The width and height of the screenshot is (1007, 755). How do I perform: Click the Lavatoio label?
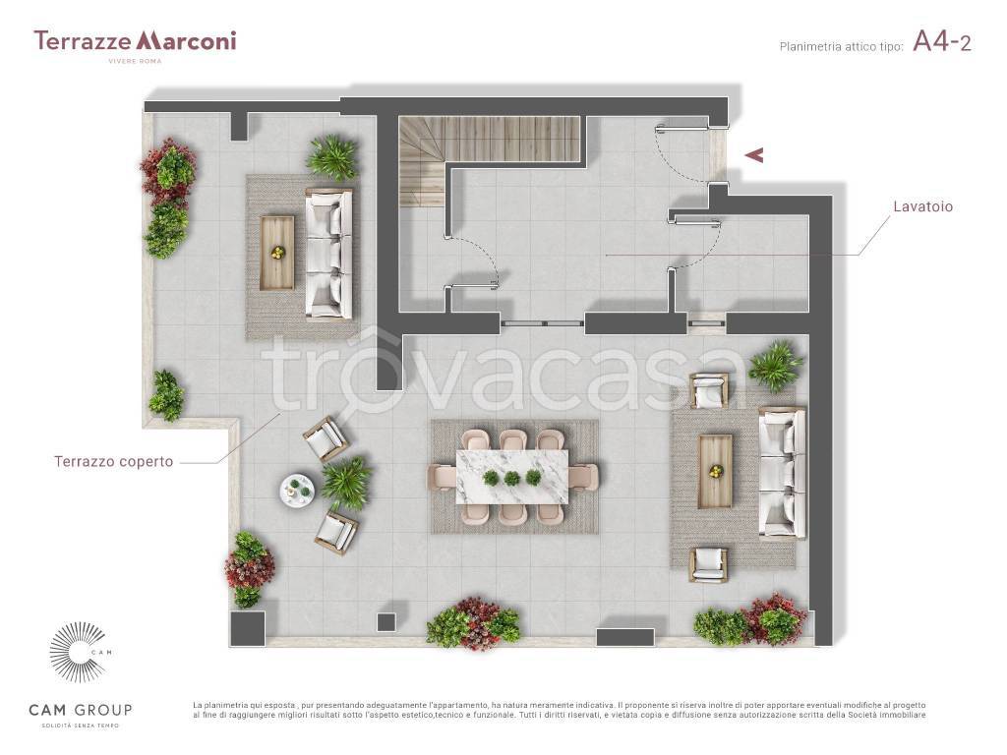click(x=922, y=206)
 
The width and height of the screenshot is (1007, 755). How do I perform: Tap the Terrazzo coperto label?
click(x=114, y=462)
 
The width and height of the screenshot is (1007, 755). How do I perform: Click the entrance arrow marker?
click(x=754, y=154)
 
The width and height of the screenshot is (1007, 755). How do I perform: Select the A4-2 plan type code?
click(x=941, y=42)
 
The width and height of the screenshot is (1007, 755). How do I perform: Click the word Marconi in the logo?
click(x=187, y=40)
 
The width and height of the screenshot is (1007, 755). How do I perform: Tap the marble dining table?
click(x=511, y=478)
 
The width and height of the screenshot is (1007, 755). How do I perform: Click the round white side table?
click(x=297, y=491)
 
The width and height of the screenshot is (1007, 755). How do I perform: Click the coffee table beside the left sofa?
click(x=276, y=253)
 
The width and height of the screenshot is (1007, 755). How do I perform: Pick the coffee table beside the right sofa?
click(x=716, y=471)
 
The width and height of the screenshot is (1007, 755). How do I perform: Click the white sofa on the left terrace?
click(x=328, y=253)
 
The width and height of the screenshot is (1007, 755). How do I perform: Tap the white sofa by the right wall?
click(x=782, y=473)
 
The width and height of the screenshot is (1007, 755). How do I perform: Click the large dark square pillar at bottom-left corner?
click(x=247, y=628)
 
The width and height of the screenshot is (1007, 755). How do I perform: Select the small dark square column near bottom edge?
click(x=385, y=622)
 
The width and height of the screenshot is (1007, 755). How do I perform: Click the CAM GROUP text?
click(x=81, y=710)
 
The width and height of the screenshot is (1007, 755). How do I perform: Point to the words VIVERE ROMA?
click(x=135, y=61)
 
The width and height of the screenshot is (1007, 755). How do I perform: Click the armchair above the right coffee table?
click(x=709, y=389)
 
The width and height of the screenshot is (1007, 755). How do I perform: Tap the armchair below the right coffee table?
click(x=709, y=564)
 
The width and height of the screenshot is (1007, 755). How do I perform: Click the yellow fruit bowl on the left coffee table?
click(x=276, y=253)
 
